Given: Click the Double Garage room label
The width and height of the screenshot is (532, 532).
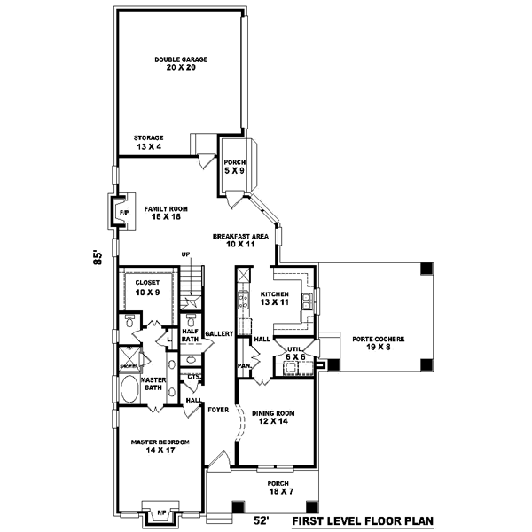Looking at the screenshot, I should click(180, 64).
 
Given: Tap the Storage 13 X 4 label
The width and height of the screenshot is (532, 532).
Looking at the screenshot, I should click(148, 142).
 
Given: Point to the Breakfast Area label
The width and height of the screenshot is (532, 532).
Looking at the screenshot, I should click(234, 240).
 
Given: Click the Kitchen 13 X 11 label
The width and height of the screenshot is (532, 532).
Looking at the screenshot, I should click(275, 298).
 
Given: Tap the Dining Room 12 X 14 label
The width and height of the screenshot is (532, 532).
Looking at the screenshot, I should click(273, 418).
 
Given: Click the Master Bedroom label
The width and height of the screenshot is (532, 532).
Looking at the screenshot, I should click(155, 446).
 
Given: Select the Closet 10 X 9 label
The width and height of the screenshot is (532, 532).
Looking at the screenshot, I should click(147, 287).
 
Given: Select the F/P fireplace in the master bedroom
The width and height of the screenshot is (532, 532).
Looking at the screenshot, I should click(161, 512).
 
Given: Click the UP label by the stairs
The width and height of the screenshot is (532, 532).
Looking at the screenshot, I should click(186, 254).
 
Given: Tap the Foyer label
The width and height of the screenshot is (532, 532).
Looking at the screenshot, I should click(218, 410).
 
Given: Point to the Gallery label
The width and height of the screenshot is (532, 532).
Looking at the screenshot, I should click(218, 333).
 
